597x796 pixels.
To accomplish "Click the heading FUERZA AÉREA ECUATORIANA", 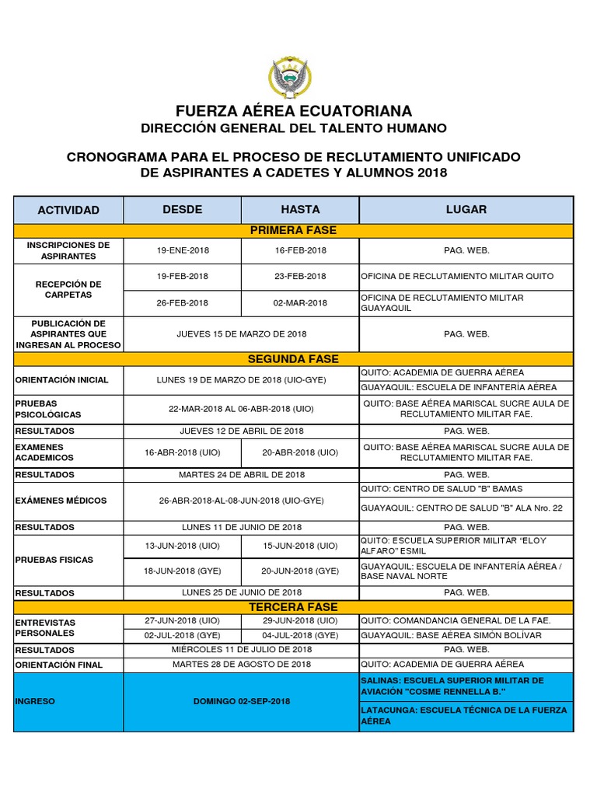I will [293, 111].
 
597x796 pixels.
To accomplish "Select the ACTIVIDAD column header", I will [68, 210].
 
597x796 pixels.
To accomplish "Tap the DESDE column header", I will [183, 209].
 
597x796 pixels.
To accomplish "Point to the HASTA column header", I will [300, 209].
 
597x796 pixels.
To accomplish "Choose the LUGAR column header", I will [466, 209].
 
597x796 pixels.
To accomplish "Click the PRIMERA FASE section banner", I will [293, 230].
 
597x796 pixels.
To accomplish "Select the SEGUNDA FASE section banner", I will [293, 359].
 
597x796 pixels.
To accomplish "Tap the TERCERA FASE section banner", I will [293, 606].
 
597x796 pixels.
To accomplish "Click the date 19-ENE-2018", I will [183, 251].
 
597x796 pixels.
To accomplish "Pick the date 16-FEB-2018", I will [300, 251].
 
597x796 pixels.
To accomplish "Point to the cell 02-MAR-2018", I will [300, 302].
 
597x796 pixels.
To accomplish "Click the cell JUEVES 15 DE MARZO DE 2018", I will [241, 333].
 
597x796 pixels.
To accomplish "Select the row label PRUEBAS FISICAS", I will [54, 560].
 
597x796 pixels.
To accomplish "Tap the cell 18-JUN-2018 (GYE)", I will [183, 571].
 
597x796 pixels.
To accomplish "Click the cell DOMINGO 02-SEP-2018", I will [241, 701].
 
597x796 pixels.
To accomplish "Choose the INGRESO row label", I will [35, 701].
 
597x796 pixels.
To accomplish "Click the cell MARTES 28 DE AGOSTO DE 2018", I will [241, 664].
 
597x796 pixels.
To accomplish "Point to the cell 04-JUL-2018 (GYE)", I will [300, 635].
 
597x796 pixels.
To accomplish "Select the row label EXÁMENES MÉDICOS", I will [61, 501].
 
